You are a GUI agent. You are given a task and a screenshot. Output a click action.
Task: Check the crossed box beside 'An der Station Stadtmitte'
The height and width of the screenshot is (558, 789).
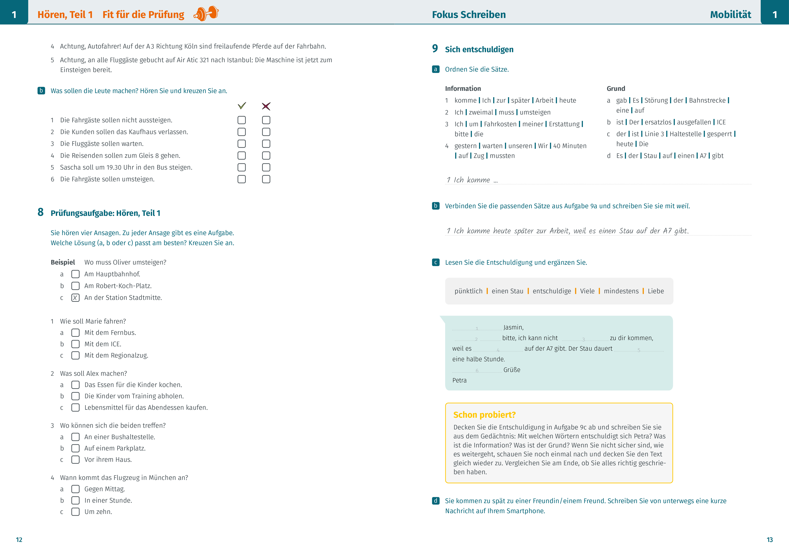(75, 298)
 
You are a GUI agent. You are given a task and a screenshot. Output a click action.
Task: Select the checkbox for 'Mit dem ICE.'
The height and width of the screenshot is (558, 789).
(75, 344)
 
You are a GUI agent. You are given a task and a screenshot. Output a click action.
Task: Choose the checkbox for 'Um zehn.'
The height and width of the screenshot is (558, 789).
(75, 512)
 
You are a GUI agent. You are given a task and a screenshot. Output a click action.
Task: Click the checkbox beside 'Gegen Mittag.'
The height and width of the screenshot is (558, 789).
(75, 489)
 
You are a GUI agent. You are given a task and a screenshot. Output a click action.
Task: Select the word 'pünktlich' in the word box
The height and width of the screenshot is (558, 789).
(468, 291)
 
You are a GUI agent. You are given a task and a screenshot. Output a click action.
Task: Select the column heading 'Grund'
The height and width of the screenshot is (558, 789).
(616, 89)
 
